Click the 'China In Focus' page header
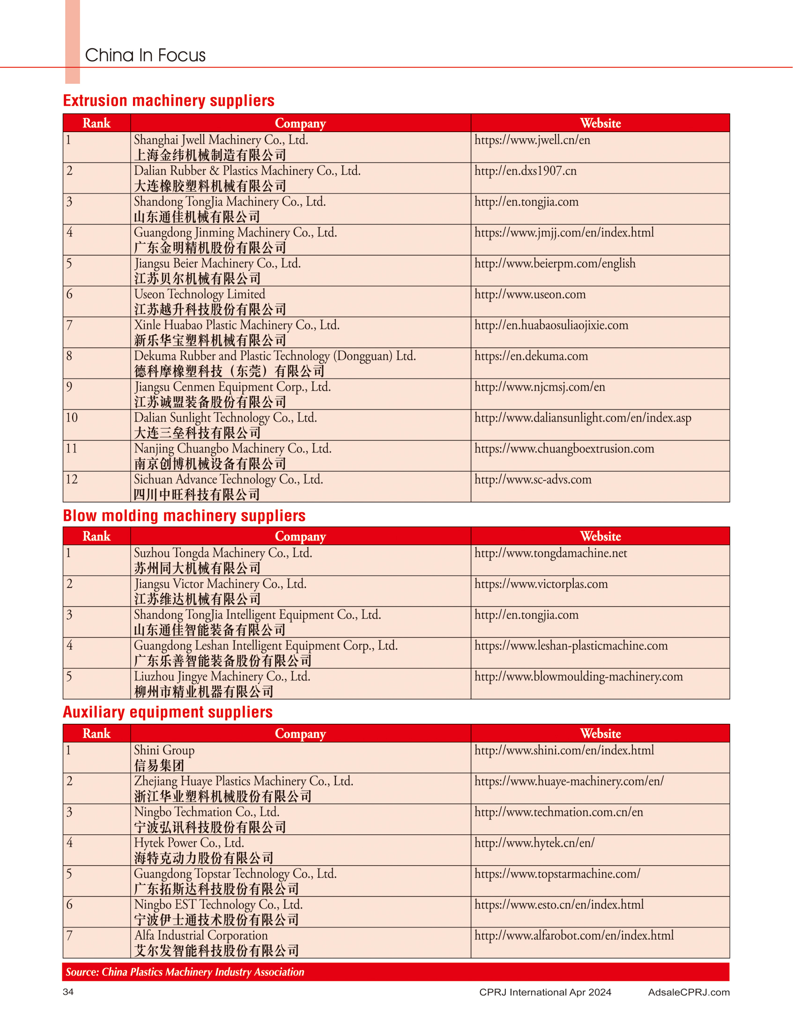point(145,55)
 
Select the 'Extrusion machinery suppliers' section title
point(169,101)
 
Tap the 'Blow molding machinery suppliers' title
point(184,515)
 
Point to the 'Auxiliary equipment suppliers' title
point(168,712)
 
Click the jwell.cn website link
point(532,140)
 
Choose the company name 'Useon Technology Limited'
point(199,294)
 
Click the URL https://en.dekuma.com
point(531,356)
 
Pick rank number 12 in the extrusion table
point(72,479)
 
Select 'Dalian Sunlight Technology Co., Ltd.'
point(225,417)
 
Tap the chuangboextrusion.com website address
point(564,448)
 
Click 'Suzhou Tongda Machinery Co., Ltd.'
point(223,553)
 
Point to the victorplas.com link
point(541,584)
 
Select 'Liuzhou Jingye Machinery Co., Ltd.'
point(222,676)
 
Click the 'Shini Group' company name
point(164,750)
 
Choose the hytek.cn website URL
point(534,843)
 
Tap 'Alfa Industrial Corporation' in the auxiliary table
point(200,935)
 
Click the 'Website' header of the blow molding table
point(600,536)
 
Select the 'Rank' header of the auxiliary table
point(96,734)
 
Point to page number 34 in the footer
point(68,992)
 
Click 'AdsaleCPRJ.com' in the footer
point(689,992)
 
